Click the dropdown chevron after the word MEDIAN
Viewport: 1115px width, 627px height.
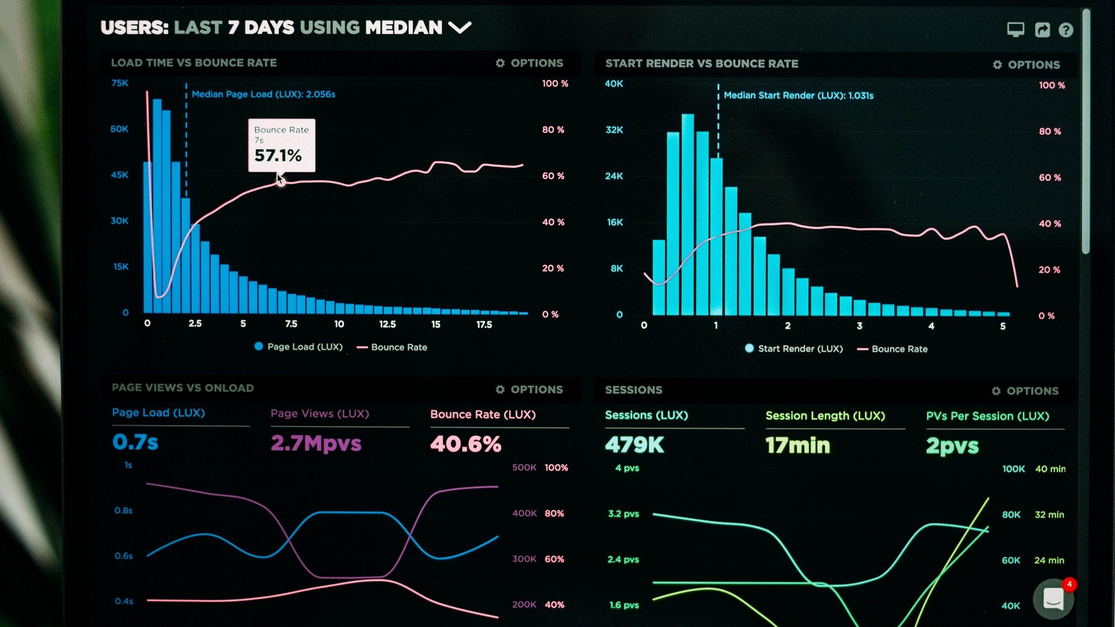(460, 28)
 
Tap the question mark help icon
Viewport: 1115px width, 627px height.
(1066, 30)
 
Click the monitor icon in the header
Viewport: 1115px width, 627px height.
(1016, 30)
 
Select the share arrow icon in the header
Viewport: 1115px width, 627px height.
(1042, 30)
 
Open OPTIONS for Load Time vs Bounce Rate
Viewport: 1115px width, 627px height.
(530, 63)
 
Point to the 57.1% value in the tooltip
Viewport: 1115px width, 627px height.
(278, 155)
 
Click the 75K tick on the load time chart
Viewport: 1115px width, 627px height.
(120, 83)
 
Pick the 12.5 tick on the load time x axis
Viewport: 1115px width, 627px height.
(387, 324)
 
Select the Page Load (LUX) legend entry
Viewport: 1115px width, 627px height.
(299, 347)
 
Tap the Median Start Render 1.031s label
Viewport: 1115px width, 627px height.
(798, 96)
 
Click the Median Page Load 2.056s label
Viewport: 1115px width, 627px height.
(264, 94)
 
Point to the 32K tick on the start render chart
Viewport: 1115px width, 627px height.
(614, 130)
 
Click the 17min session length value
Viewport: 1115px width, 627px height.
(797, 445)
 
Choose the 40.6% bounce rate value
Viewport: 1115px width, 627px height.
(466, 444)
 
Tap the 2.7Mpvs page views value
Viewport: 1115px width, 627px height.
(316, 443)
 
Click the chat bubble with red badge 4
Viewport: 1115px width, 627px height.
(1053, 599)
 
